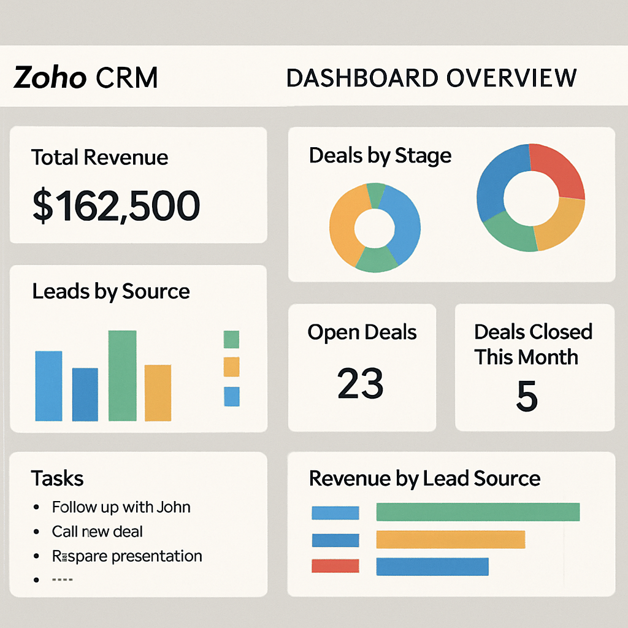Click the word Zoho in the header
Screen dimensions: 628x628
coord(49,78)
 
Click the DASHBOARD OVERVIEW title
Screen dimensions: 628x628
coord(431,78)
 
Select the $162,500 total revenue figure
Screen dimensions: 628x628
coord(116,205)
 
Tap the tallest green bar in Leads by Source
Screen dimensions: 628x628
coord(122,375)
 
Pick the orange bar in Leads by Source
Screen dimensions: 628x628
coord(158,392)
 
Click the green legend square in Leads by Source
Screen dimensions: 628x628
coord(231,339)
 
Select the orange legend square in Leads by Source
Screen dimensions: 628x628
coord(231,367)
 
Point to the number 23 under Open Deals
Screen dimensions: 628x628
coord(361,384)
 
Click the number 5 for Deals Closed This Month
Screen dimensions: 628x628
coord(526,397)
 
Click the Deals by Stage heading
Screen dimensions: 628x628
coord(380,155)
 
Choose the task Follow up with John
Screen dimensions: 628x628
coord(121,507)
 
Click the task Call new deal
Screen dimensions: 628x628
coord(97,532)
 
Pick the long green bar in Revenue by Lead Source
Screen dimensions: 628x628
coord(478,512)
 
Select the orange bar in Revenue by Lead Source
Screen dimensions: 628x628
coord(450,540)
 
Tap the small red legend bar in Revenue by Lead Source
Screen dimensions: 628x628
coord(335,566)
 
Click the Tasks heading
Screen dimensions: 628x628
coord(57,478)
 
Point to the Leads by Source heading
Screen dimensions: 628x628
coord(110,291)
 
